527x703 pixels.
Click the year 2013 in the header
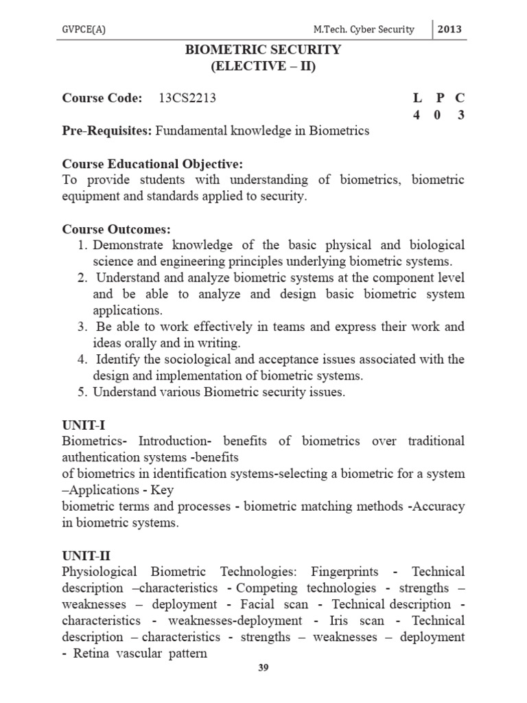(449, 29)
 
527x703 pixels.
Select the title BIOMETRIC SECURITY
(263, 50)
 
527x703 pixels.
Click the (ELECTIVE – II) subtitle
(263, 67)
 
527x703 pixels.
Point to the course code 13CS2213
(187, 98)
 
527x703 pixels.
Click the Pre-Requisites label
(106, 131)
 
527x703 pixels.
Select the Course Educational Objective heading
(153, 164)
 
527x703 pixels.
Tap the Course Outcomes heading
(116, 229)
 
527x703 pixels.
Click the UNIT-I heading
(82, 425)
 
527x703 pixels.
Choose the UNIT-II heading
(84, 555)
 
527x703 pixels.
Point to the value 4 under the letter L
(417, 115)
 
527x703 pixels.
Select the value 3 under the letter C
(461, 115)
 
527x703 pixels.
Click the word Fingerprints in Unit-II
(349, 572)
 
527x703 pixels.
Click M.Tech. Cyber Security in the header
(364, 30)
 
